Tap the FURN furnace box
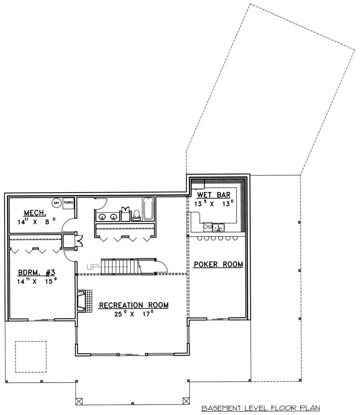pos(69,203)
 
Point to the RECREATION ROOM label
pos(134,305)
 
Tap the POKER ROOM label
pos(218,264)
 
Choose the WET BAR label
pos(214,195)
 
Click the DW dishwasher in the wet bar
pos(207,226)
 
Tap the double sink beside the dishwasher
pos(219,227)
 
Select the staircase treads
pos(118,266)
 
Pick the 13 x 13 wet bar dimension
pos(214,203)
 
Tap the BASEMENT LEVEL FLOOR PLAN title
pos(261,408)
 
